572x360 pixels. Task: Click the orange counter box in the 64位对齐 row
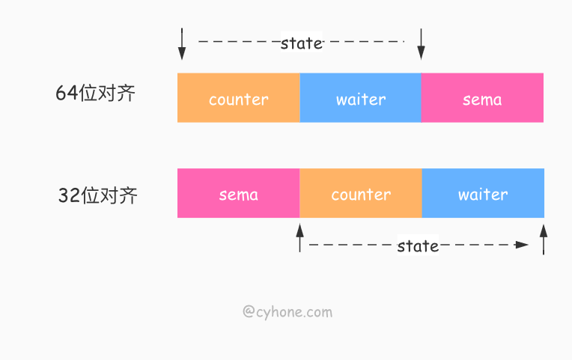coord(239,98)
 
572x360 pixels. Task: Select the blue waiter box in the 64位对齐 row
coord(360,98)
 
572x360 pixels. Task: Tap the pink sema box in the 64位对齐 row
coord(482,98)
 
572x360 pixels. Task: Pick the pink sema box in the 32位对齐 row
coord(239,193)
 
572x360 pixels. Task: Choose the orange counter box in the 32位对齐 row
coord(361,193)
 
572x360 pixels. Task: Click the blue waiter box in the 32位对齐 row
coord(483,193)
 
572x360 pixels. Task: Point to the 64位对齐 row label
coord(96,93)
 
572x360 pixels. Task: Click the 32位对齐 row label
coord(98,195)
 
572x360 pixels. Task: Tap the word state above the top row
coord(301,43)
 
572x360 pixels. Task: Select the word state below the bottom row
coord(418,246)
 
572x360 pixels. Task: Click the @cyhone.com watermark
coord(287,312)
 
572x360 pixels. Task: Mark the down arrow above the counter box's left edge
coord(182,43)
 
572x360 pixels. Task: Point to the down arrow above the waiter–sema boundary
coord(421,43)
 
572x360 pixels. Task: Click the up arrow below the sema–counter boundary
coord(300,238)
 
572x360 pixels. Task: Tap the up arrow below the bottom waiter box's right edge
coord(544,240)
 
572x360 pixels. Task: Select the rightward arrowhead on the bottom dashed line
coord(522,245)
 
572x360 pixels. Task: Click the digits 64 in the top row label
coord(67,93)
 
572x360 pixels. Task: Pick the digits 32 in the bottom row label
coord(70,195)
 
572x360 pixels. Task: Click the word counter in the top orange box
coord(239,100)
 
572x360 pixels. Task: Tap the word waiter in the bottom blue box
coord(483,195)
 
